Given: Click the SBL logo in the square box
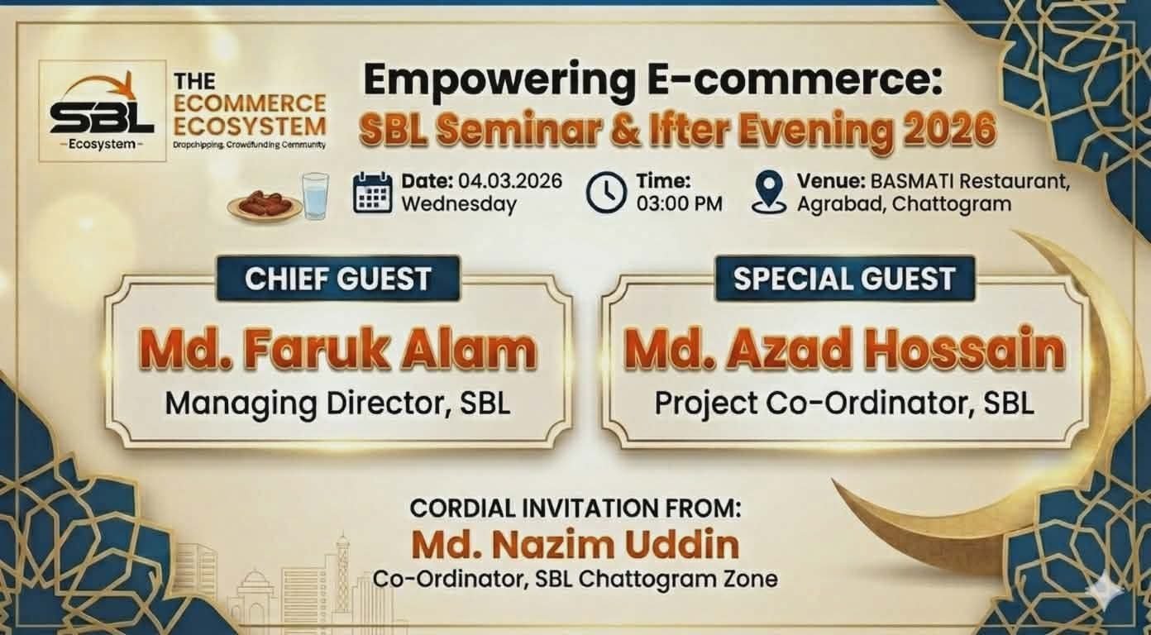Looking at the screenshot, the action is click(103, 111).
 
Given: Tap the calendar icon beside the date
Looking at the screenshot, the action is click(373, 193).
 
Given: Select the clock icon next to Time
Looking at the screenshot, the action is click(606, 193).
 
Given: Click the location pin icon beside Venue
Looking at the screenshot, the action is click(769, 193).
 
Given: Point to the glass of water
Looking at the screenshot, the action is click(316, 196).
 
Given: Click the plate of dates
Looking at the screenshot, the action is click(265, 206).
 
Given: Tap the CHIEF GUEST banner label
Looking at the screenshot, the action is click(338, 279).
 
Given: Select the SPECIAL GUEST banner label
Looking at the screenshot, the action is click(844, 279).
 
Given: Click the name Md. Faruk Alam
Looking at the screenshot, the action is click(337, 351).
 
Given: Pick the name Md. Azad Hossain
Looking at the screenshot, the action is click(844, 351).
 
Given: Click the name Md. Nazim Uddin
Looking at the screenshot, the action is click(575, 545).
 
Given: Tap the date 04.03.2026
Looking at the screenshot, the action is click(510, 181).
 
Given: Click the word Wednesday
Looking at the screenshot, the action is click(459, 204).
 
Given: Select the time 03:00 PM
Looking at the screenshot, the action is click(680, 204).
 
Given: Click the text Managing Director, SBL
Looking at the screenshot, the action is click(337, 403).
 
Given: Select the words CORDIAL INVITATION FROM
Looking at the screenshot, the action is click(575, 508).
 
